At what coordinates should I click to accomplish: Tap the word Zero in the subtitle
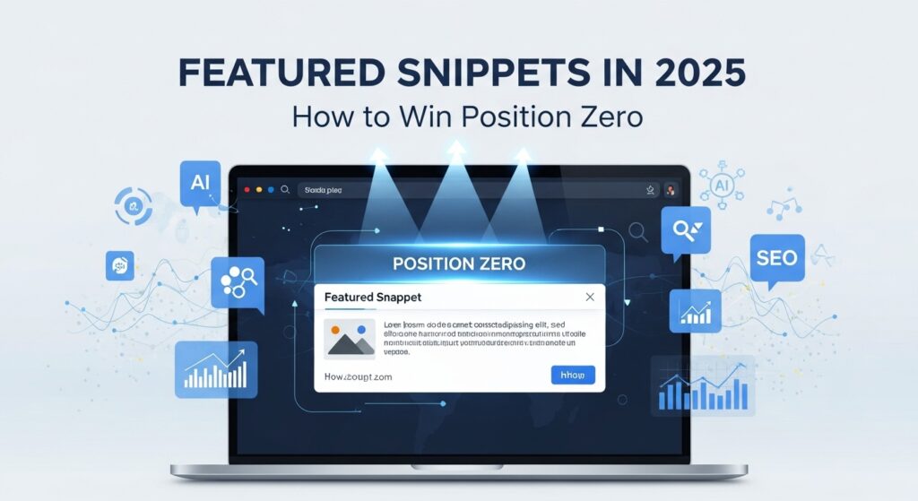604,117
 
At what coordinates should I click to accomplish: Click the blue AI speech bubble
200,184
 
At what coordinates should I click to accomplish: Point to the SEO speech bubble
776,259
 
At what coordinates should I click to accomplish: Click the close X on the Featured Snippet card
589,297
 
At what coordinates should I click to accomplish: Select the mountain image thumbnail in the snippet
351,340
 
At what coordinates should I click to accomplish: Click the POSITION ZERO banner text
459,264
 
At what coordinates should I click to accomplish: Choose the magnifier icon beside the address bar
285,190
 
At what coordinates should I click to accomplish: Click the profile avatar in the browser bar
669,190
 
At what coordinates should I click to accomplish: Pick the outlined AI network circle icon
720,186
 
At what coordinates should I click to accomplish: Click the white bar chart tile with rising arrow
216,369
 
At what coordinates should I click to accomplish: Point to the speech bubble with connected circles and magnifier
237,282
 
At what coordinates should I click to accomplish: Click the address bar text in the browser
323,190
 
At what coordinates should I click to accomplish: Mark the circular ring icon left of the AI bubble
134,205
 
